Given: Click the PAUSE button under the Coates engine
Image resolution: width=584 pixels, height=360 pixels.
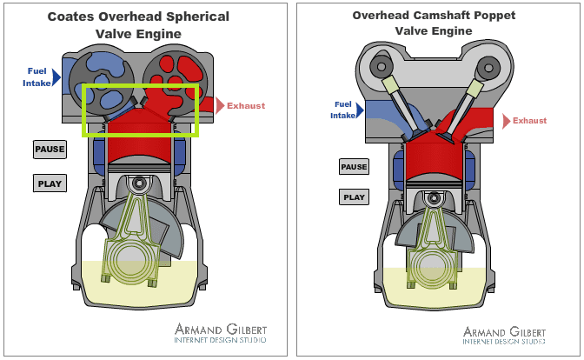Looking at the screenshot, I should pyautogui.click(x=50, y=149).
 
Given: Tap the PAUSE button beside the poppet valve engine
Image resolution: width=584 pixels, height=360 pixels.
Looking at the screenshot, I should pyautogui.click(x=354, y=167).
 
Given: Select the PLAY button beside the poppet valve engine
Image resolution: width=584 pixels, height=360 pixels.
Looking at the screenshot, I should pyautogui.click(x=354, y=197).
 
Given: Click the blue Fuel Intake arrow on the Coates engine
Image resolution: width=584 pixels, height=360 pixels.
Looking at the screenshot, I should pyautogui.click(x=56, y=77).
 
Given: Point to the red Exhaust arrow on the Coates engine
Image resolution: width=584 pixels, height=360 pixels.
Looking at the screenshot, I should pyautogui.click(x=219, y=106).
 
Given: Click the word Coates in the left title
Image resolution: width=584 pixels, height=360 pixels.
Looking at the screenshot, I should pyautogui.click(x=76, y=17).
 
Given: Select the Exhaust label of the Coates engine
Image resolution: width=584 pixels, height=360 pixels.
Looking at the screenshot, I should pyautogui.click(x=246, y=106).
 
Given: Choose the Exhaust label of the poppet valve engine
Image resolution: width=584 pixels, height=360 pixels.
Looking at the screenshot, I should pyautogui.click(x=529, y=121).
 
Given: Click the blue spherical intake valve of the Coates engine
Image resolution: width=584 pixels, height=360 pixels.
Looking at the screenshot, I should pyautogui.click(x=102, y=73).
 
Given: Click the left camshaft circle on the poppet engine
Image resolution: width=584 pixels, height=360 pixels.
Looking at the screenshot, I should pyautogui.click(x=379, y=65).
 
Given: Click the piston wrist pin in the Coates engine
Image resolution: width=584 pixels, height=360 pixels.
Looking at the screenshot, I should pyautogui.click(x=138, y=183).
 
